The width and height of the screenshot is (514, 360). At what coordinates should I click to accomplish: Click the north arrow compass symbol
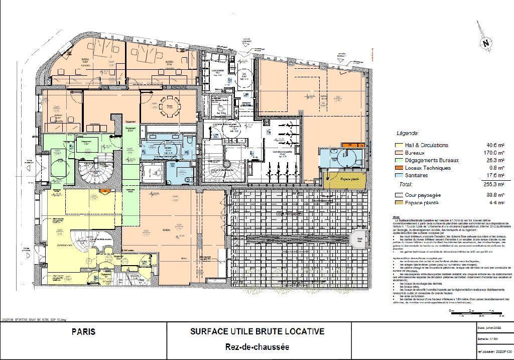(485, 43)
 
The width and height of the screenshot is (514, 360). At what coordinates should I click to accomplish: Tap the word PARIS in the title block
(83, 332)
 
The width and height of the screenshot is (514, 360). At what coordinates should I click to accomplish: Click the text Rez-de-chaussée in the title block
(256, 347)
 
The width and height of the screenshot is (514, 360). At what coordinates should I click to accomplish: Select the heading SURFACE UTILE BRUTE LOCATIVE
(256, 331)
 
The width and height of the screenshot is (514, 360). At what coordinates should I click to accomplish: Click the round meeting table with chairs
(172, 105)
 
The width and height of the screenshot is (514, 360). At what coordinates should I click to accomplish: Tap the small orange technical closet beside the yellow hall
(105, 191)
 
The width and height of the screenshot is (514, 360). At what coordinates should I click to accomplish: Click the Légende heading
(407, 134)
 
